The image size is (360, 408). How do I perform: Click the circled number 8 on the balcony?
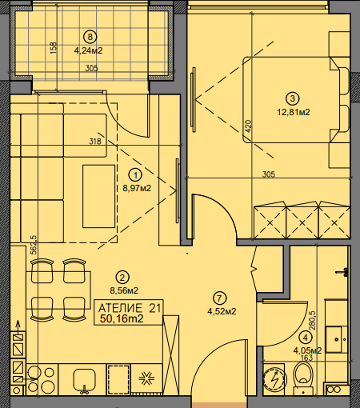[x=90, y=37]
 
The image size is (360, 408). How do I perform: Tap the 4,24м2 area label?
[x=88, y=50]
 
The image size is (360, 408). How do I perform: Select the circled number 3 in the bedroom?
[x=293, y=98]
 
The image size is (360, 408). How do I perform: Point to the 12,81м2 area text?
[x=294, y=112]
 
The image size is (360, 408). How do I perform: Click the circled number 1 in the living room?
[x=136, y=175]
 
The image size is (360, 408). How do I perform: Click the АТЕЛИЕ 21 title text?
[x=130, y=308]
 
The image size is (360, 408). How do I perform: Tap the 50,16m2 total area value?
[x=122, y=318]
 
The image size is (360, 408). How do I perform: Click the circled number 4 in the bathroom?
[x=306, y=338]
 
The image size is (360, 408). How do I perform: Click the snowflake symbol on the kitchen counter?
[x=146, y=378]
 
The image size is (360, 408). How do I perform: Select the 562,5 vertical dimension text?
[x=34, y=245]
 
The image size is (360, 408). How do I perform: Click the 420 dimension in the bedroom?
[x=248, y=126]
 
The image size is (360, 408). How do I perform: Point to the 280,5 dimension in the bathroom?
[x=312, y=321]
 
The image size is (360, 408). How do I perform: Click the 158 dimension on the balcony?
[x=54, y=48]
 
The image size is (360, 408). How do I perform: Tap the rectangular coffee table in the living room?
[x=98, y=196]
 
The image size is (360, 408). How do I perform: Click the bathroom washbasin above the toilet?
[x=337, y=339]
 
